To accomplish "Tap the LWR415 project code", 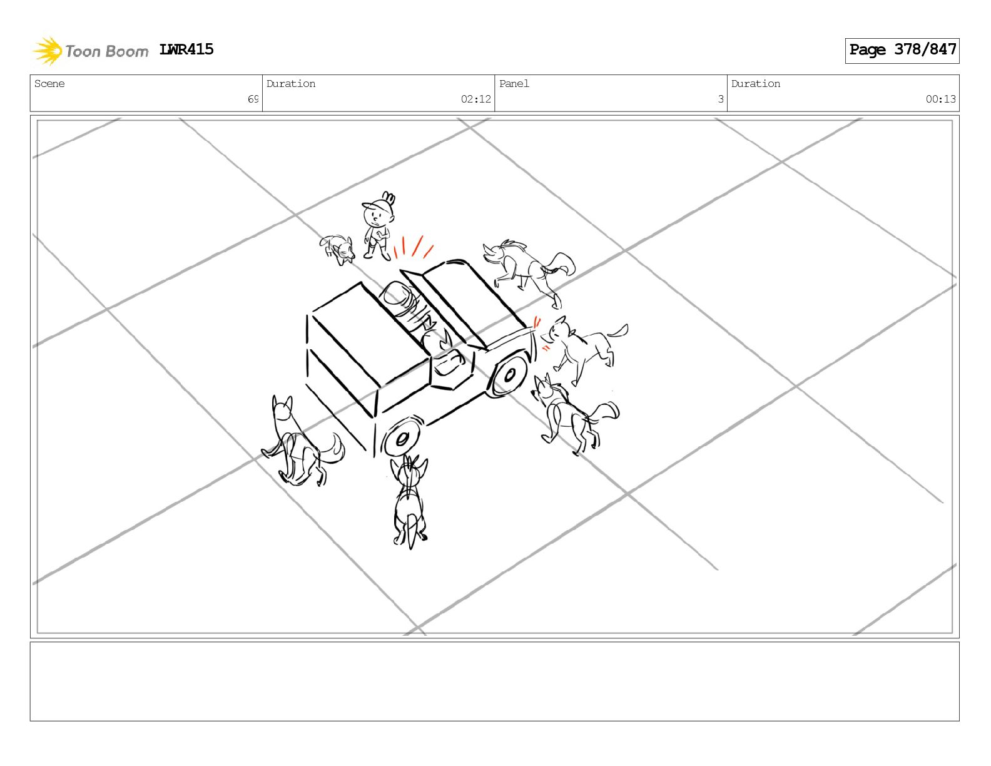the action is coord(186,49).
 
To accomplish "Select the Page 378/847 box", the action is coord(902,51).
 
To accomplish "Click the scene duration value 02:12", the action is coord(475,99).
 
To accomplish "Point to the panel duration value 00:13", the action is coord(940,99).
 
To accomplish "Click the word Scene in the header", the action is coord(49,83).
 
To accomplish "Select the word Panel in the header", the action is coord(514,83).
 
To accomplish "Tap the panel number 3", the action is coord(721,99).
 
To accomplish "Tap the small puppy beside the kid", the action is coord(337,249).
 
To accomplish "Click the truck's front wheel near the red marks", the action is coord(509,375).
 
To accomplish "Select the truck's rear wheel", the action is coord(401,439).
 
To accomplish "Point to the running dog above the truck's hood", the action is coord(529,272).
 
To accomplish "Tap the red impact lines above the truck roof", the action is coord(414,247).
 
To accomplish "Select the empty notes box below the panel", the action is coord(495,682).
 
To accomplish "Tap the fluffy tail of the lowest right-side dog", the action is coord(604,412).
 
